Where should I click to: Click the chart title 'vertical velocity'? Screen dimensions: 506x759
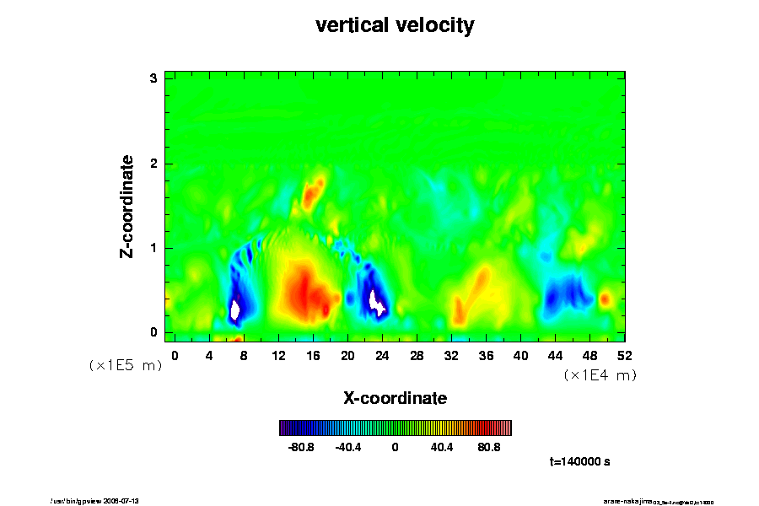click(x=395, y=25)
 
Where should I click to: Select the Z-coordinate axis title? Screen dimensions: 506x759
click(x=127, y=206)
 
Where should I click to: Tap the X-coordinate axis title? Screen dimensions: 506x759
click(x=395, y=397)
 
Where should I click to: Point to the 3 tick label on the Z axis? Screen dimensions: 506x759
click(x=154, y=78)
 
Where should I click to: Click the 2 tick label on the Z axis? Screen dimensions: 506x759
click(x=154, y=164)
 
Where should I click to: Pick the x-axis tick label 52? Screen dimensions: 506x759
click(x=625, y=355)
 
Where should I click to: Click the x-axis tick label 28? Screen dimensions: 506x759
click(x=417, y=355)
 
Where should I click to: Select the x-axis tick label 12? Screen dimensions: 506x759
click(x=278, y=355)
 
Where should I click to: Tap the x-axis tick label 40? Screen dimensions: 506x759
click(x=521, y=355)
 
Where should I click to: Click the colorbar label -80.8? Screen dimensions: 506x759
click(x=301, y=447)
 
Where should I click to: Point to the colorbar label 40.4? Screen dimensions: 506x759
click(x=442, y=447)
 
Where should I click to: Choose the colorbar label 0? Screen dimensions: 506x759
click(x=395, y=447)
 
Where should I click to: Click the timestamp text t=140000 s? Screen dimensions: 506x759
click(x=579, y=462)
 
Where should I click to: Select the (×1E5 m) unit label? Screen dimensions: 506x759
click(x=126, y=365)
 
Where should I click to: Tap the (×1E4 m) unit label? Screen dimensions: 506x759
click(x=600, y=375)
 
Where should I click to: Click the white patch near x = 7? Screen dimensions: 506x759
click(x=235, y=310)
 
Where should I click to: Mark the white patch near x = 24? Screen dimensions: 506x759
click(x=377, y=301)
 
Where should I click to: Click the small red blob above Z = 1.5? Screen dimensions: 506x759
click(x=313, y=192)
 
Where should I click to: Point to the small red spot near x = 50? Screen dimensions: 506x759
click(x=605, y=299)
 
